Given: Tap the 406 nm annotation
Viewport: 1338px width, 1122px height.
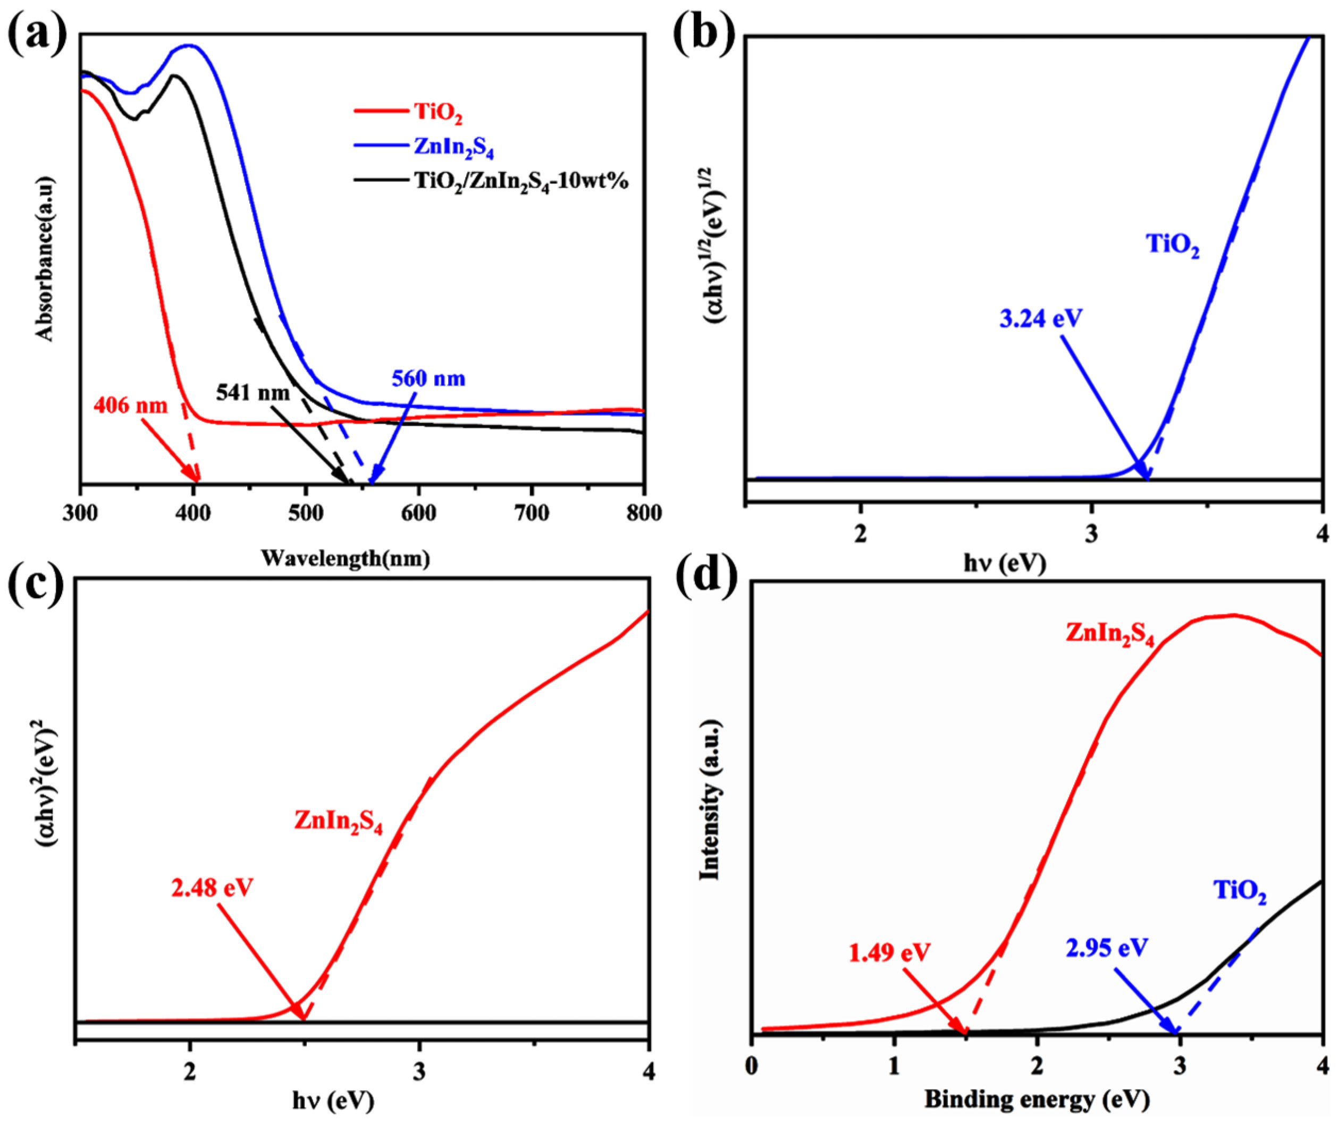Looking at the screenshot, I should (x=131, y=405).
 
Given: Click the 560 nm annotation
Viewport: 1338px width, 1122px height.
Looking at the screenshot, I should (x=428, y=378).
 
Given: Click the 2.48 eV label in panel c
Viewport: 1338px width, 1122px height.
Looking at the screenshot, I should (x=212, y=887).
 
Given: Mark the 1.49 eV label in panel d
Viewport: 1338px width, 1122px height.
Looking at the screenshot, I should (x=889, y=952).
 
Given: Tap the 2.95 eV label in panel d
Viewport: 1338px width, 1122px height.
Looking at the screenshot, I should (x=1107, y=948).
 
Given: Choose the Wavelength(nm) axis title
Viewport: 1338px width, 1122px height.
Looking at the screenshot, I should (x=346, y=559).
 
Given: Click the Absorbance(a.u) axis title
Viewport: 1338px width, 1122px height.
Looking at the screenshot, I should (x=45, y=258).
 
